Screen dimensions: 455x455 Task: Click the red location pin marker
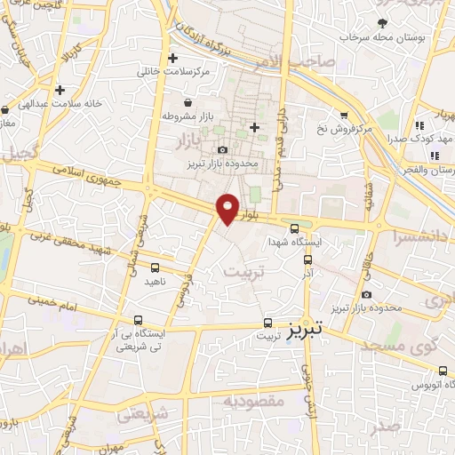[x=228, y=208]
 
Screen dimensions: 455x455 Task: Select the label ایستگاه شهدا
[x=300, y=241]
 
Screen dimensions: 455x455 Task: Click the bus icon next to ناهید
[x=156, y=267]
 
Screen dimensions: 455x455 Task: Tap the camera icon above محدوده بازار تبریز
[x=222, y=149]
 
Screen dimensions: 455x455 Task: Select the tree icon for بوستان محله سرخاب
[x=383, y=22]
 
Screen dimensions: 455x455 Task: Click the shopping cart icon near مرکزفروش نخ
[x=345, y=115]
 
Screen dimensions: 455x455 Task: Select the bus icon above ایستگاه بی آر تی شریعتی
[x=138, y=319]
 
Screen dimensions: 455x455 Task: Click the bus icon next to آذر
[x=307, y=260]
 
